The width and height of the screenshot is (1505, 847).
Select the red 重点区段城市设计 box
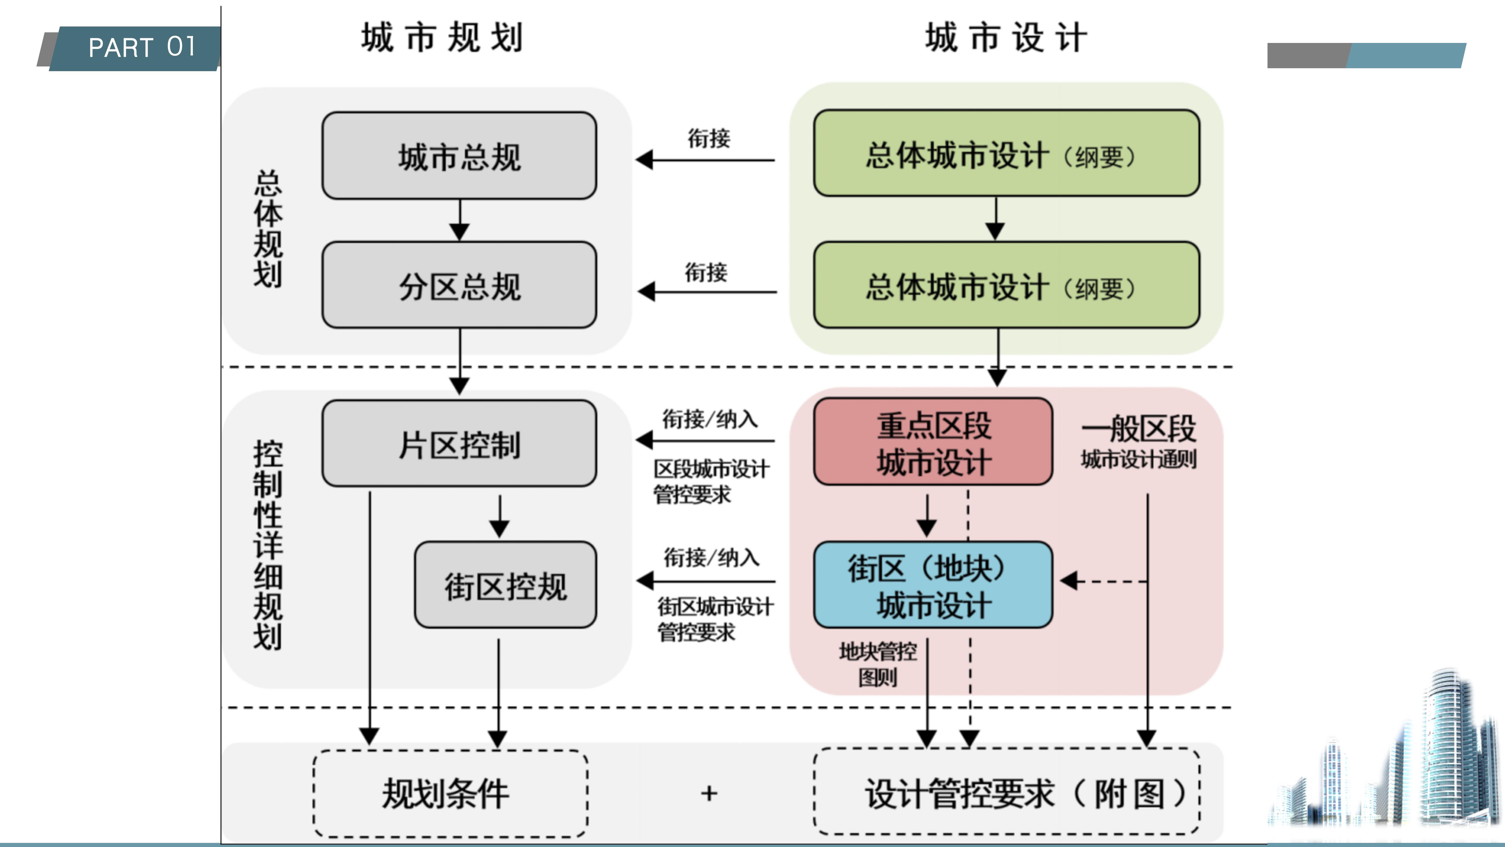[933, 443]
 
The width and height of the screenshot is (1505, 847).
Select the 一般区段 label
[1138, 428]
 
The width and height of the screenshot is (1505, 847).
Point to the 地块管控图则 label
[877, 664]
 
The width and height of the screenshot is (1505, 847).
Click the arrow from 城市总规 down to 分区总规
[460, 221]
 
